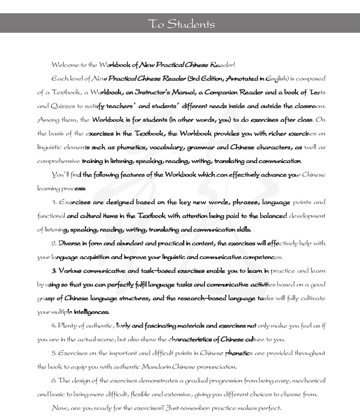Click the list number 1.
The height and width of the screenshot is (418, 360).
coord(54,202)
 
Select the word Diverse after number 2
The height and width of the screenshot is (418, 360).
coord(68,243)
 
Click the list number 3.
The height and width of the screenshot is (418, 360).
coord(54,270)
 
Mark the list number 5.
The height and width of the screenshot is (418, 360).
coord(54,353)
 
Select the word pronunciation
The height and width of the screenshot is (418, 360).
coord(213,367)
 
